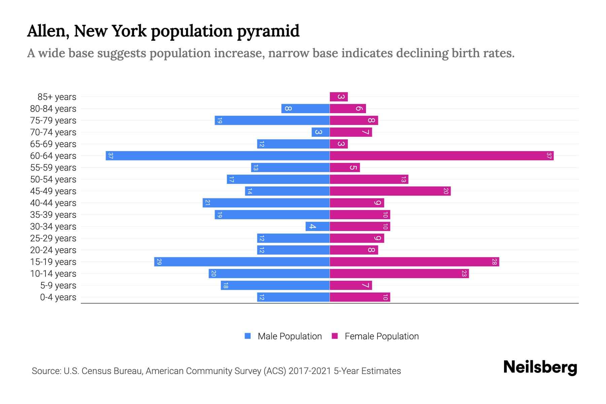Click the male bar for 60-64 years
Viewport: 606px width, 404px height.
tap(217, 156)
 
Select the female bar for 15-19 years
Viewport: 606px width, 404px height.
tap(414, 262)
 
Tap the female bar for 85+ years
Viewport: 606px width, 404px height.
tap(338, 97)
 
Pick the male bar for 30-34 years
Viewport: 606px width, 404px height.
tap(317, 226)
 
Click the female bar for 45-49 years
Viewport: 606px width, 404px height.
tap(390, 191)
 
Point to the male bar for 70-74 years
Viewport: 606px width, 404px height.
tap(321, 132)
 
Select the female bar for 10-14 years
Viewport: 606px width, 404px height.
tap(399, 273)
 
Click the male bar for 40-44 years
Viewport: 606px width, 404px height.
tap(266, 203)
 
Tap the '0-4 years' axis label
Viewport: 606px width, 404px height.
tap(58, 297)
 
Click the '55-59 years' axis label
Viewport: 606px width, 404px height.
tap(53, 168)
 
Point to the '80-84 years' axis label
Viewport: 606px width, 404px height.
tap(53, 109)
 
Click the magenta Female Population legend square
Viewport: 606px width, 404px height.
tap(335, 336)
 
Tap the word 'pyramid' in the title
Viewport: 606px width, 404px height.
tap(268, 31)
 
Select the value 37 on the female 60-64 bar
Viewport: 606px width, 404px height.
tap(549, 156)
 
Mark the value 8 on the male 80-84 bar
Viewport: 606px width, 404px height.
tap(288, 108)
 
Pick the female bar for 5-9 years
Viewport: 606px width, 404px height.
tap(351, 285)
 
